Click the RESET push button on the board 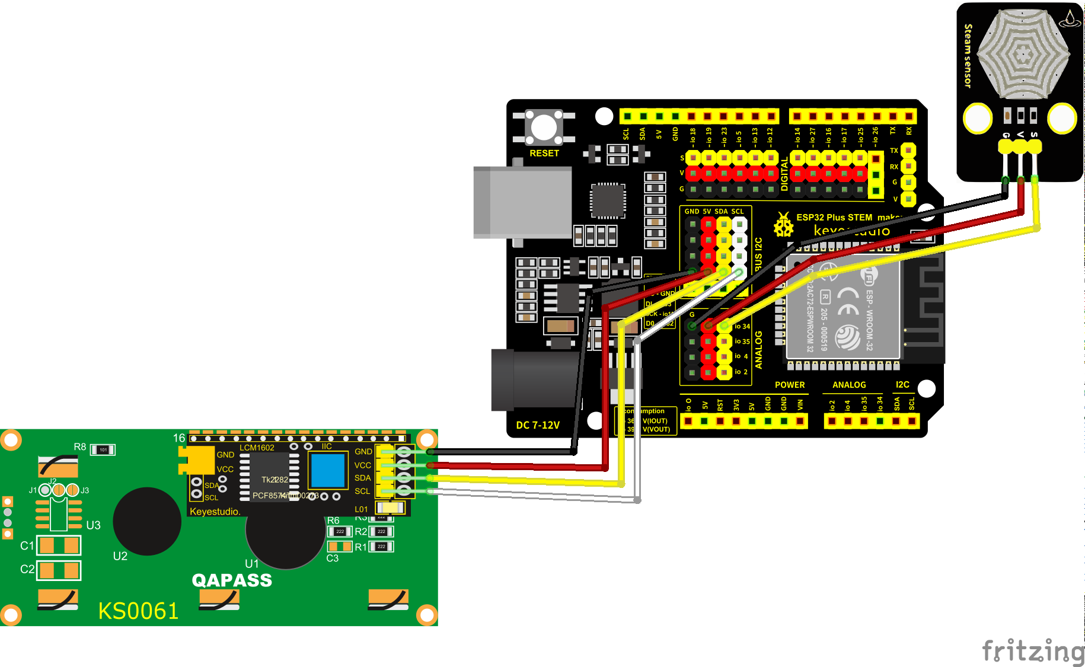[x=544, y=127]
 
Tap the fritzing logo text [x=1033, y=651]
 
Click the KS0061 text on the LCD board [x=138, y=611]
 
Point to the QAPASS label [x=232, y=580]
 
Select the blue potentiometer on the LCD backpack [x=327, y=470]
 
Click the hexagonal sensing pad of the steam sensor [x=1023, y=54]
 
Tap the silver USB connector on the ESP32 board [x=522, y=202]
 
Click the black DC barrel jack [x=534, y=380]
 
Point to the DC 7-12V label [x=538, y=425]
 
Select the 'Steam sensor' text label [x=968, y=56]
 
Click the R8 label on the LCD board [x=80, y=446]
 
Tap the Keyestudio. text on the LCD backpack [x=215, y=511]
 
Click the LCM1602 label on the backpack [x=257, y=448]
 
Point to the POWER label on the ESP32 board [x=790, y=385]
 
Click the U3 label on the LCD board [x=93, y=525]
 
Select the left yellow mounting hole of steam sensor [x=978, y=118]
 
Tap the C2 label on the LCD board [x=27, y=569]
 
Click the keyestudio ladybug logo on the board [x=783, y=225]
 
